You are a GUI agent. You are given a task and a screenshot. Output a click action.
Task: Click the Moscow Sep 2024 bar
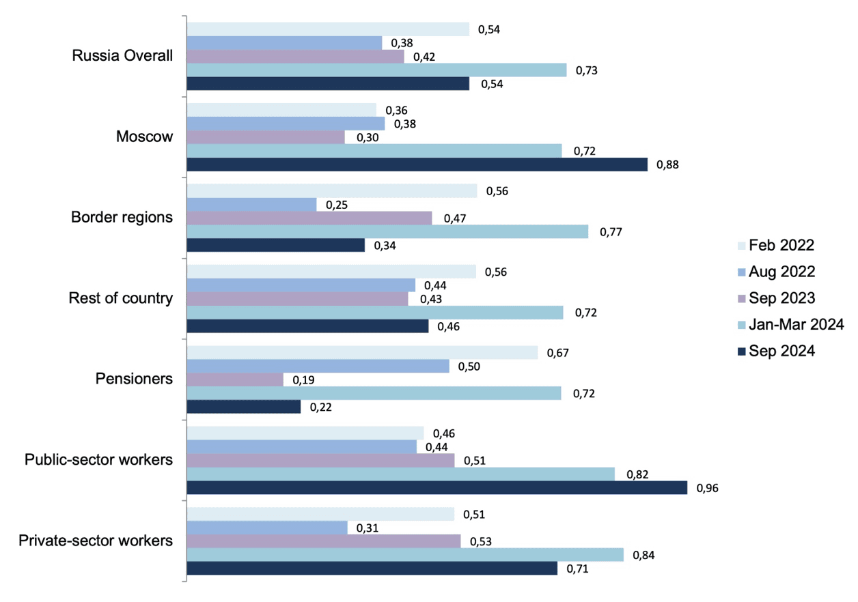pos(417,164)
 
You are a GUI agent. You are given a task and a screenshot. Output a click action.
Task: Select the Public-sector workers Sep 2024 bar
pos(437,487)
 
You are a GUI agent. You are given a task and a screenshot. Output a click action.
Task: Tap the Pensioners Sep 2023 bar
pos(235,379)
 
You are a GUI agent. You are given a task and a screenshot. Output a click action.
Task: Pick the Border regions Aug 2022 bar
pos(251,205)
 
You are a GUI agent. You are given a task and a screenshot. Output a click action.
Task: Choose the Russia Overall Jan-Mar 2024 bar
pos(376,70)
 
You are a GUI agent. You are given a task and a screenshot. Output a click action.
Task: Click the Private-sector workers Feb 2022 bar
pos(320,514)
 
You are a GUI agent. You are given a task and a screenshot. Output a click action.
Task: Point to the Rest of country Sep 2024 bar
pos(307,326)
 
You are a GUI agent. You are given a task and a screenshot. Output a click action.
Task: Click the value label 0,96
pos(707,488)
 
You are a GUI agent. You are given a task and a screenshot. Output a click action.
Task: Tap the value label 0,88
pos(667,164)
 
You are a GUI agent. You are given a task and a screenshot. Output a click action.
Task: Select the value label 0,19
pos(303,379)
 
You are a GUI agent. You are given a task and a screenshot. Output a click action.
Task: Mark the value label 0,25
pos(337,205)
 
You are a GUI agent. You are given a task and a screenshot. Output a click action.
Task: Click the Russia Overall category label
pos(122,56)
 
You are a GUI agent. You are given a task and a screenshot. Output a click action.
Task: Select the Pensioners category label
pos(133,379)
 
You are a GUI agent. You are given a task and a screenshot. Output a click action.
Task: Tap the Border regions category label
pos(122,218)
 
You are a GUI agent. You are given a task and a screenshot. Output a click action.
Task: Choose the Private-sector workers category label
pos(96,541)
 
